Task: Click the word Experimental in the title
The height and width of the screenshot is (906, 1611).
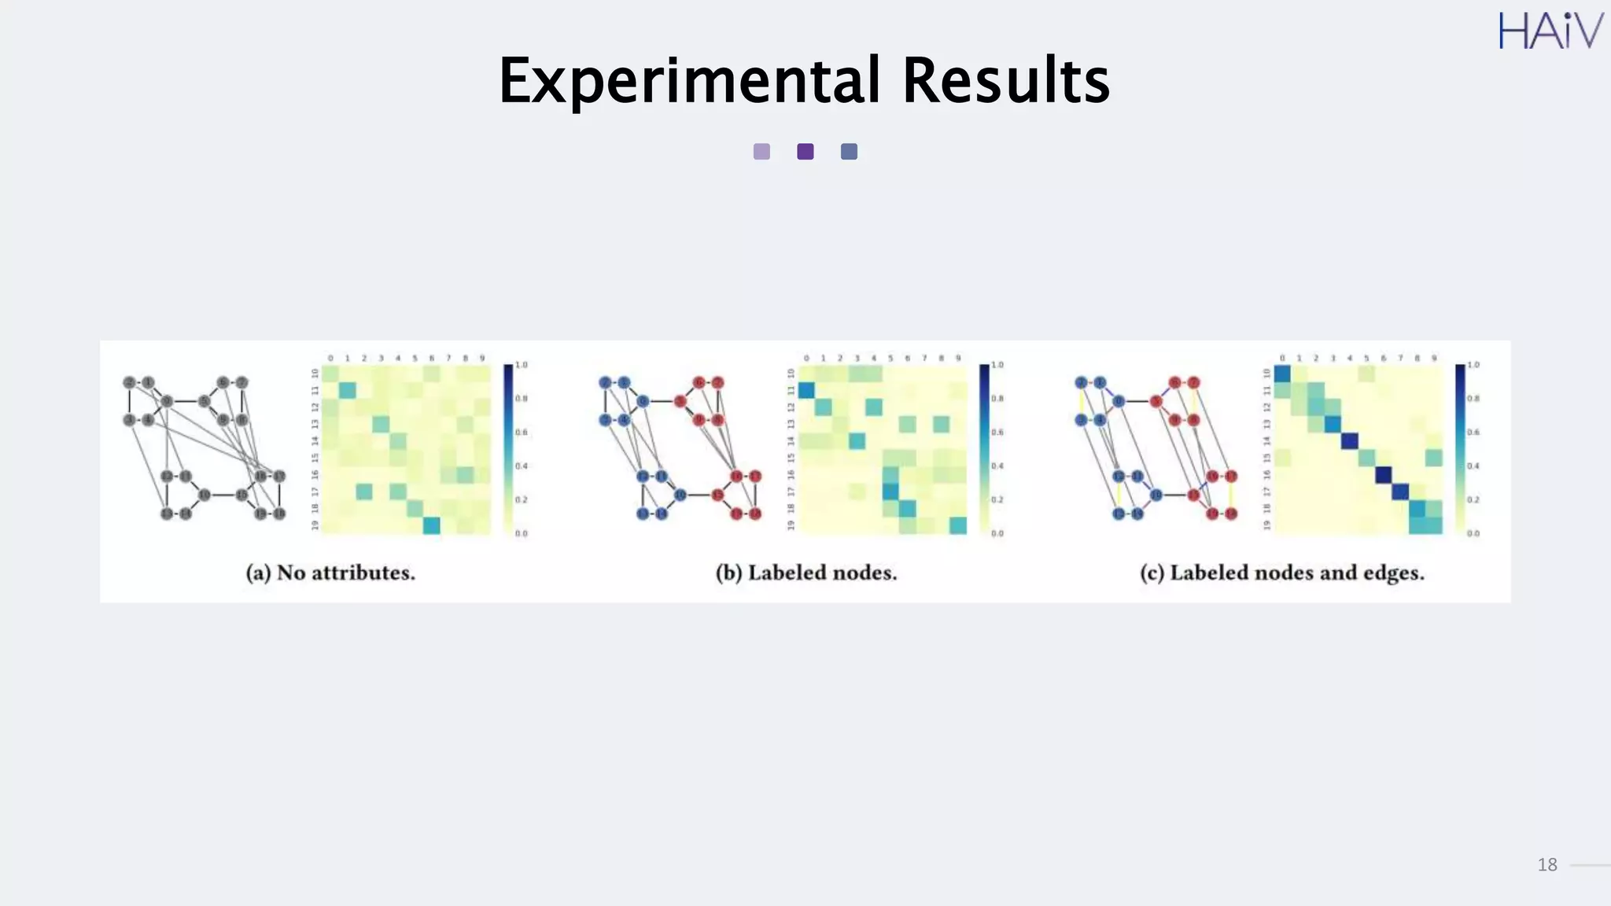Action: [x=689, y=81]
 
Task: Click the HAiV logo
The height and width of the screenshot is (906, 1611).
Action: [x=1550, y=31]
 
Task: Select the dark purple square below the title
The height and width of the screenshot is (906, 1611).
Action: [x=805, y=152]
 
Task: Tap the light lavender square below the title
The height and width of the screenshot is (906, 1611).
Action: [x=761, y=152]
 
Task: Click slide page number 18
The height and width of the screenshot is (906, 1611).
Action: [x=1546, y=865]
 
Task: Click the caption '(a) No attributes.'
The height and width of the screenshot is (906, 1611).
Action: [x=330, y=573]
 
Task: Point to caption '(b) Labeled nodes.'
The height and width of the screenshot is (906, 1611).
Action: [x=806, y=573]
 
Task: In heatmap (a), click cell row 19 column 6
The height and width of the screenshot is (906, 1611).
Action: [x=431, y=525]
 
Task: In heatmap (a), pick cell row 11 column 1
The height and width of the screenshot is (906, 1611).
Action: [x=347, y=390]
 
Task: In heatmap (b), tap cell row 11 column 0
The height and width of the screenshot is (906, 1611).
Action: [x=806, y=390]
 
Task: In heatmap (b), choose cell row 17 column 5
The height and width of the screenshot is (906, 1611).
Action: [x=890, y=492]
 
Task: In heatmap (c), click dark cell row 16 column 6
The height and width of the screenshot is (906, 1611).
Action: [x=1383, y=475]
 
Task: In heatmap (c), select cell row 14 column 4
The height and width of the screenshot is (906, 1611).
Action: [x=1350, y=441]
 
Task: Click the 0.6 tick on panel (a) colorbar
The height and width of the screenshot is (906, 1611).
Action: [x=521, y=433]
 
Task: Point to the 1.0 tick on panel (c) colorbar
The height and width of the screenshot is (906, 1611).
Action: [x=1473, y=365]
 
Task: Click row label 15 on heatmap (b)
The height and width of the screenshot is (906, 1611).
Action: [x=791, y=458]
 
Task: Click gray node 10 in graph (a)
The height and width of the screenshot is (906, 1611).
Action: [x=204, y=495]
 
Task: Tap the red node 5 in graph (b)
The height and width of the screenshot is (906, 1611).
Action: [x=680, y=401]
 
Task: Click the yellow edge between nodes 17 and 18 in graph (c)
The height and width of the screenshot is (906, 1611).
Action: [x=1231, y=495]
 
